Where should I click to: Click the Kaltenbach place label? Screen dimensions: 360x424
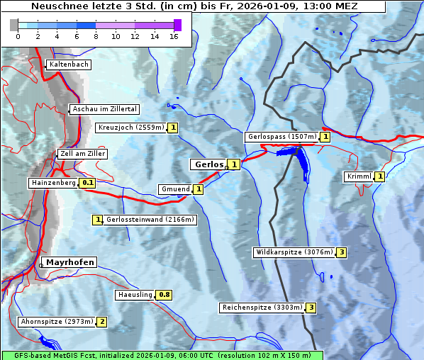(x=69, y=64)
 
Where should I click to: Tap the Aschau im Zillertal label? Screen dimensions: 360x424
(x=105, y=109)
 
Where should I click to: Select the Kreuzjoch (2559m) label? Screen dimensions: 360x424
(x=130, y=128)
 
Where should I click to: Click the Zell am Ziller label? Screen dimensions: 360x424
(x=83, y=154)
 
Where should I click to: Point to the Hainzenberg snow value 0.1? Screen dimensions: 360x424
(x=87, y=183)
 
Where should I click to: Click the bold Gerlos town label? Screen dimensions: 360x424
(x=208, y=164)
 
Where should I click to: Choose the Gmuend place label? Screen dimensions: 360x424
(x=175, y=189)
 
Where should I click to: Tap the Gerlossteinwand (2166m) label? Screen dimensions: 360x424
(x=150, y=220)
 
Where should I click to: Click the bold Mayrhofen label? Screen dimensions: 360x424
(x=70, y=262)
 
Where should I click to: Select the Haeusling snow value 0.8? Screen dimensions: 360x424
(x=164, y=295)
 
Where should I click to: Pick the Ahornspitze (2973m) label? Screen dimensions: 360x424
(x=57, y=322)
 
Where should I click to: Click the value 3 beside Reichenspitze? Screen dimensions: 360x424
(x=311, y=308)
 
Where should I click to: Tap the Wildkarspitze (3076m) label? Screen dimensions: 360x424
(x=293, y=252)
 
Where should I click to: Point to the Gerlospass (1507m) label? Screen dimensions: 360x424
(x=281, y=137)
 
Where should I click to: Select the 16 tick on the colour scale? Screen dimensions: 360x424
(x=174, y=36)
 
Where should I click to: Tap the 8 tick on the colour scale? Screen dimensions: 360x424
(x=96, y=36)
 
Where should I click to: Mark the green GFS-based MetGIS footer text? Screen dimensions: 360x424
(x=162, y=355)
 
